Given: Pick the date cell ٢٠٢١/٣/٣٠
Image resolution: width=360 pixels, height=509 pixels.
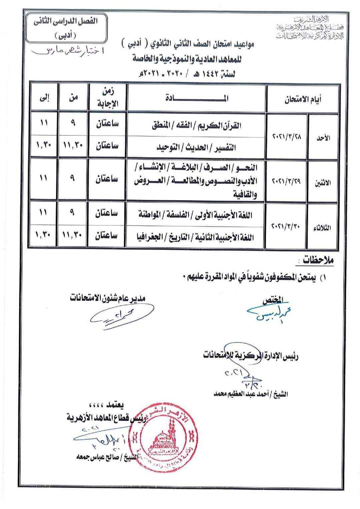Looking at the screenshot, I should pyautogui.click(x=287, y=226).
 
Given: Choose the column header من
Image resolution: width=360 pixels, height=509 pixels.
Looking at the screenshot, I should pyautogui.click(x=73, y=98).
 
